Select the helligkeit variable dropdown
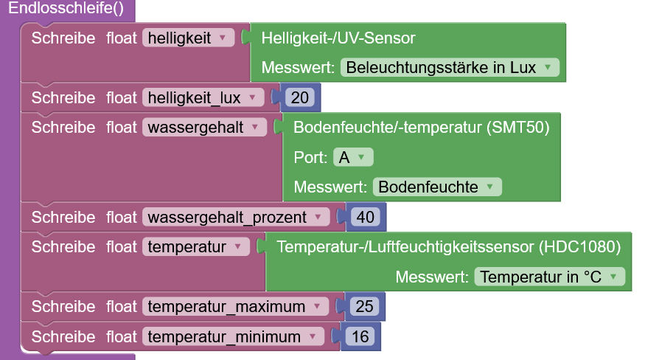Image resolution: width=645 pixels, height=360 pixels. [x=188, y=38]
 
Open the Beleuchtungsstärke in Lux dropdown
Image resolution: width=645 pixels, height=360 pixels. [x=449, y=67]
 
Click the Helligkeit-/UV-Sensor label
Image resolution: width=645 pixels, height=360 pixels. [x=338, y=38]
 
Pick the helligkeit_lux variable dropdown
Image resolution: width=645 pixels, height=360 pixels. [x=203, y=97]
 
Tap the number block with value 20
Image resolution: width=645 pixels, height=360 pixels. [x=299, y=97]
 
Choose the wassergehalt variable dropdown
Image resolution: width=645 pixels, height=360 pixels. [x=204, y=127]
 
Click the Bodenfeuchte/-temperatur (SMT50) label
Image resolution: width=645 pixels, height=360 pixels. [x=421, y=127]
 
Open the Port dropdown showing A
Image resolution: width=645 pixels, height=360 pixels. [x=354, y=157]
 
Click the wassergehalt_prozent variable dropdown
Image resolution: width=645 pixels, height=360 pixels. [x=235, y=217]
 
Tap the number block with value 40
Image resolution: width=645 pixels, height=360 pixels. [x=364, y=217]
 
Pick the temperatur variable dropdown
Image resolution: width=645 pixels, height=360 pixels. [x=195, y=247]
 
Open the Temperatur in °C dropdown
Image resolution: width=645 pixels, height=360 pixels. [x=549, y=277]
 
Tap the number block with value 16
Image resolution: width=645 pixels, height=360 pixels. [x=360, y=336]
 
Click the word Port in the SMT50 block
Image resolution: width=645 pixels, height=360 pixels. [x=309, y=157]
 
